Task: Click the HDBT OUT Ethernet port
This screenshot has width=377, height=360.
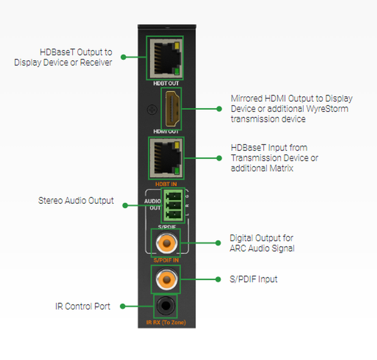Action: pyautogui.click(x=165, y=58)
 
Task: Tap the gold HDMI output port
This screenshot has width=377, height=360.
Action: pyautogui.click(x=171, y=109)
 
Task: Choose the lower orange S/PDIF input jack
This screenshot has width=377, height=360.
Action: pyautogui.click(x=166, y=279)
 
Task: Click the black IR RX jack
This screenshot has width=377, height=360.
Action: pyautogui.click(x=165, y=306)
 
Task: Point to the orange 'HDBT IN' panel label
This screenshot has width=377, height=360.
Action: pyautogui.click(x=166, y=184)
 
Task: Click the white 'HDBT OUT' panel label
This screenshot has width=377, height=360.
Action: pyautogui.click(x=166, y=83)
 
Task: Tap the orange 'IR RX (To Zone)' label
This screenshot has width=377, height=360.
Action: pyautogui.click(x=166, y=322)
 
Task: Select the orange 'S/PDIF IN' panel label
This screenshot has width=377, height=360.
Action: pyautogui.click(x=166, y=260)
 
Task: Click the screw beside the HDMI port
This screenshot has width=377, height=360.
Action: pyautogui.click(x=152, y=110)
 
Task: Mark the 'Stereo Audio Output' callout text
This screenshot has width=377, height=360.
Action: pyautogui.click(x=76, y=201)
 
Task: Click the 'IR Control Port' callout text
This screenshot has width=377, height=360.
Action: pyautogui.click(x=83, y=307)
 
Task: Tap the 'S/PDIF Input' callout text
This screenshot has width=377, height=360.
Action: pyautogui.click(x=254, y=279)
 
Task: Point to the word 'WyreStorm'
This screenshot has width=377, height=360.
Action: pyautogui.click(x=327, y=109)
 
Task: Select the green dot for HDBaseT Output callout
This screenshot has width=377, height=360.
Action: pyautogui.click(x=123, y=57)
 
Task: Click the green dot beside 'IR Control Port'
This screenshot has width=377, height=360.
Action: pyautogui.click(x=123, y=306)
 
